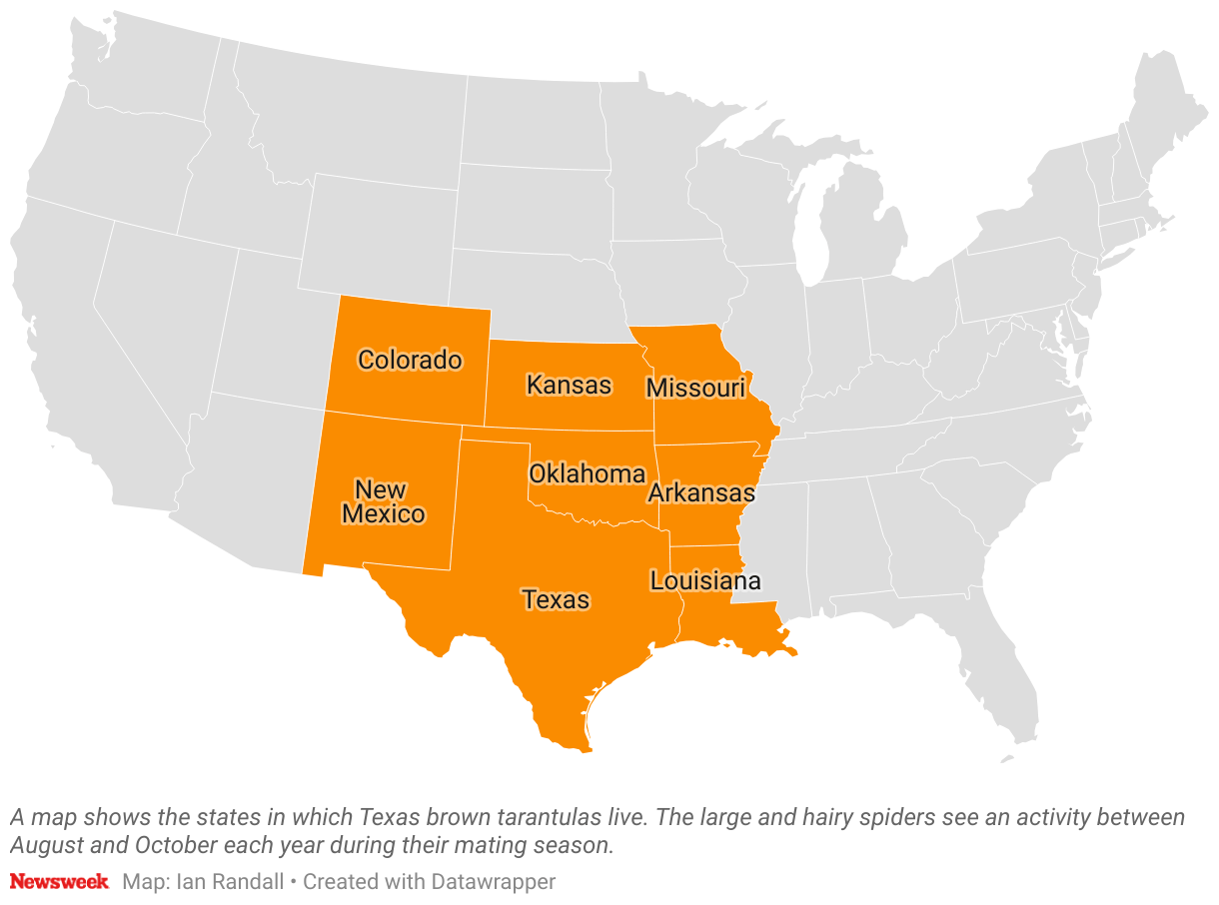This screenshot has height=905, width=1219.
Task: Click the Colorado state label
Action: [x=410, y=360]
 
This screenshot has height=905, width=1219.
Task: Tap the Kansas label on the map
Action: [x=569, y=385]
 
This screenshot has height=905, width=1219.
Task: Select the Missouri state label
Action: [x=695, y=388]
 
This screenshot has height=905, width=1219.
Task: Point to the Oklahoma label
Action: [x=587, y=473]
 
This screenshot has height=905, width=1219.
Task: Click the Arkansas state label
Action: [x=700, y=492]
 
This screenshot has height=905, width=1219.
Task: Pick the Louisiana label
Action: [x=704, y=580]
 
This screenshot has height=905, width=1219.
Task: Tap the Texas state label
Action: [x=556, y=599]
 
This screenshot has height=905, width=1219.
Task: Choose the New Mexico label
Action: [x=382, y=501]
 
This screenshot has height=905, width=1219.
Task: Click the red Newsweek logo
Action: [x=59, y=881]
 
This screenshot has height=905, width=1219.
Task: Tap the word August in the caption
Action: [x=44, y=844]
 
